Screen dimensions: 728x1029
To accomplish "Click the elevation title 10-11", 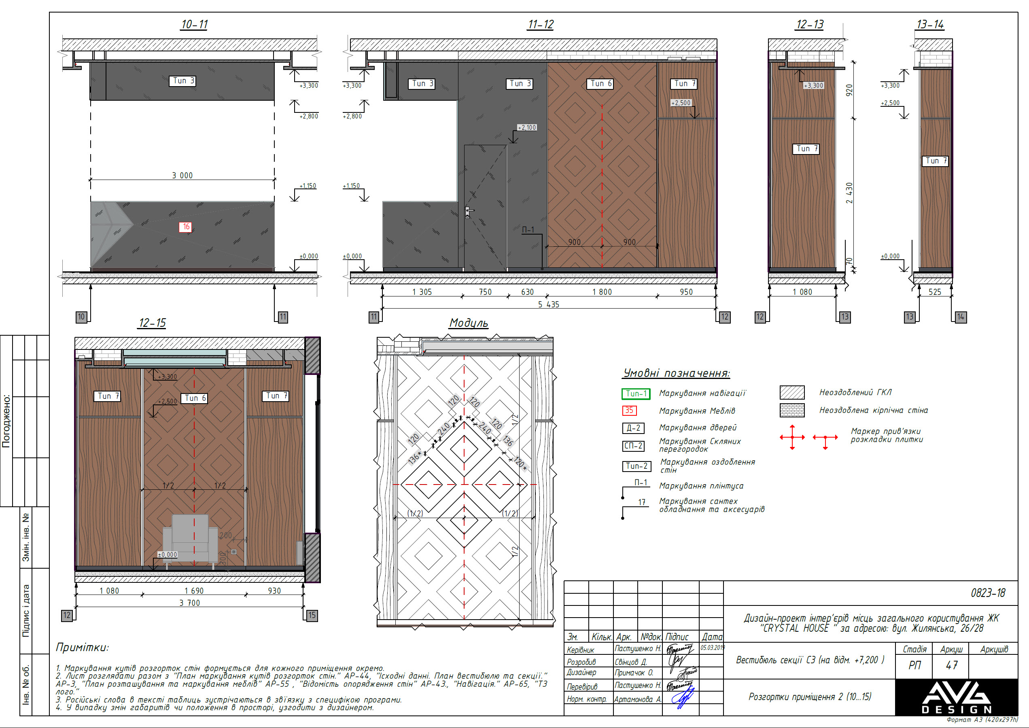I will click(194, 24).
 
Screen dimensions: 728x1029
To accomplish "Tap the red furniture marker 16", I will click(186, 227).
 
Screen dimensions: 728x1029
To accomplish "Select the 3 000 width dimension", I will click(182, 175).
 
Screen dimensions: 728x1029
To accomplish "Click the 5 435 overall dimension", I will click(548, 305).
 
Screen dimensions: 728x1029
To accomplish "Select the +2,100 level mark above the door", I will click(527, 127).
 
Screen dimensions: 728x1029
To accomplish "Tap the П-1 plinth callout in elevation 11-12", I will click(528, 229).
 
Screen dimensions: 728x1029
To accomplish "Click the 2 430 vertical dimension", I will click(849, 193).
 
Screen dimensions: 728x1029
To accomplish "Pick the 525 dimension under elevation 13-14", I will click(934, 292).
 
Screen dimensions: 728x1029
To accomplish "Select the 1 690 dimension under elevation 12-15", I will click(194, 591).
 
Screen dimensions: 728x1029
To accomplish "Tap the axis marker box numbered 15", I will click(312, 615).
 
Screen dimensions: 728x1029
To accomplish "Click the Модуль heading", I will click(469, 323).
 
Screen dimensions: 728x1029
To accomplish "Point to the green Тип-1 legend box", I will click(636, 394).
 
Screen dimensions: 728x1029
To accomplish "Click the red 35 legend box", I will click(630, 410).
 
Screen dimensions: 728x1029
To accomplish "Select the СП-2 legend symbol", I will click(634, 446).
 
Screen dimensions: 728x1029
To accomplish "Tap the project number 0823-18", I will click(988, 593).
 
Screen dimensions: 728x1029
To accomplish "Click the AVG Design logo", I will click(956, 697).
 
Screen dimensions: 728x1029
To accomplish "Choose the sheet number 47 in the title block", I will click(951, 665).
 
